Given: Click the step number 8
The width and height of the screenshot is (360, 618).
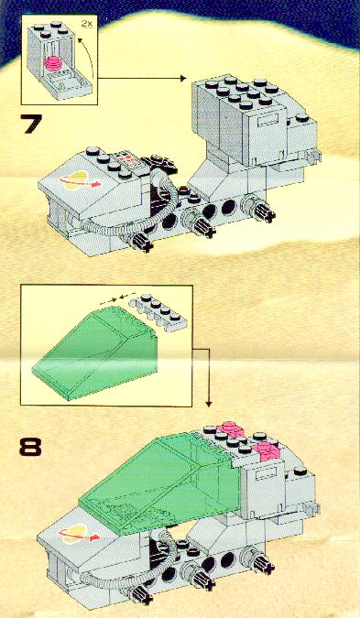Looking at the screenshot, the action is tap(30, 448).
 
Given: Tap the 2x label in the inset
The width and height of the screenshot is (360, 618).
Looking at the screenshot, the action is tap(87, 23).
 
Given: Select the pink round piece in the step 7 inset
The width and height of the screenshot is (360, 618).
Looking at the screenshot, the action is tap(54, 63).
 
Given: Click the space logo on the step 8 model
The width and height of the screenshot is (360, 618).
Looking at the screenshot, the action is tap(78, 534).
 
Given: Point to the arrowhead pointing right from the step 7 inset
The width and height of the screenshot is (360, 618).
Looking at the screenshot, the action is tap(182, 79).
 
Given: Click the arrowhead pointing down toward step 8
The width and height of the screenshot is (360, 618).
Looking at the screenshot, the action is tap(209, 404).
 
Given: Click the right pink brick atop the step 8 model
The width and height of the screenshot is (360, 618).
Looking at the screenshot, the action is tap(267, 450).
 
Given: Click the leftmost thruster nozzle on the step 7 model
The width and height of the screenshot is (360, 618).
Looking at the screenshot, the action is tap(142, 241).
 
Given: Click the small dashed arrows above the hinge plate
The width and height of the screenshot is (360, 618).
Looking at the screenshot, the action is tap(118, 298).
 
